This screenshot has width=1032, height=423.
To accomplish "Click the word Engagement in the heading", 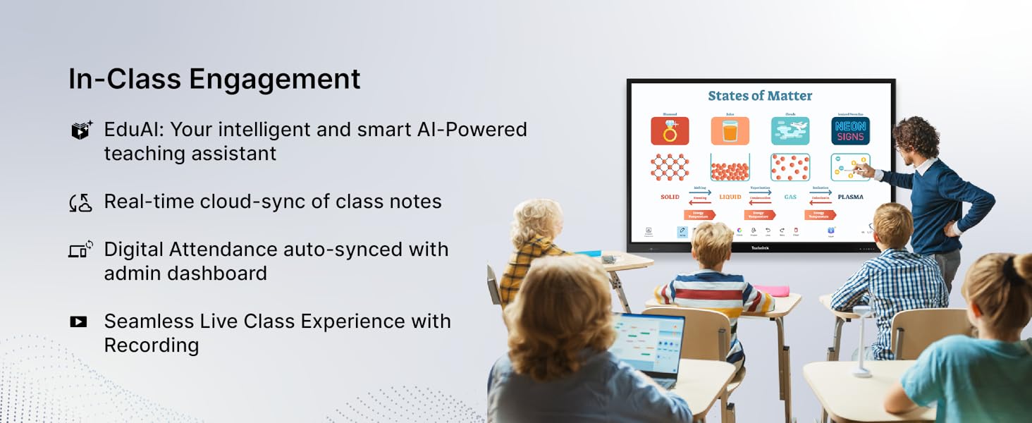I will point(274,80).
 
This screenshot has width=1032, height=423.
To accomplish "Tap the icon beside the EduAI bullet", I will point(82,130).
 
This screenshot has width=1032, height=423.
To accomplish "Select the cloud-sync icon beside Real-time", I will point(81,202).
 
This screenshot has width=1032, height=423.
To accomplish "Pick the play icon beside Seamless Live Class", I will point(78,321).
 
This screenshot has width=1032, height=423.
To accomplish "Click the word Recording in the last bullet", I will point(152,345).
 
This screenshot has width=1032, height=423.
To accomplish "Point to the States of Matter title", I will point(760,96).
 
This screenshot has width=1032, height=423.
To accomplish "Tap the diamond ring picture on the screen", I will point(670,131).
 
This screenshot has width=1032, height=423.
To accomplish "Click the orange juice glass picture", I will point(730,131).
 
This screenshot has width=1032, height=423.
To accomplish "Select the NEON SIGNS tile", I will point(850,131).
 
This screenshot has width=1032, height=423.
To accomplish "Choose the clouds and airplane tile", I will point(790,131).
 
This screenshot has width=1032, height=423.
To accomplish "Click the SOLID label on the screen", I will point(670,197).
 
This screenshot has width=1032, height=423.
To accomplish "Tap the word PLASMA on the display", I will point(850,197).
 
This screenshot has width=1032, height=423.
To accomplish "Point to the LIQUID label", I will point(730,197).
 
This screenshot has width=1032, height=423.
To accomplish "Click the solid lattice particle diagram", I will point(670,168).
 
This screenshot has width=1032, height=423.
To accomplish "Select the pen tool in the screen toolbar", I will point(682,231).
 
